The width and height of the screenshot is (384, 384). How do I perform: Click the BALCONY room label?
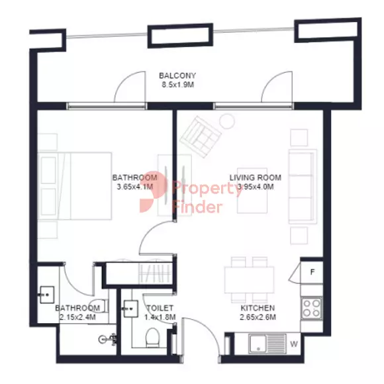click(177, 75)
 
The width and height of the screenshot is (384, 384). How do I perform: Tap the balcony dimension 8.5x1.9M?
click(178, 85)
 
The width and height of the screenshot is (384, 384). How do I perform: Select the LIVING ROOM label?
click(255, 177)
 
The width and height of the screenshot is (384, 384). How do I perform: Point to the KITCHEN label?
click(258, 308)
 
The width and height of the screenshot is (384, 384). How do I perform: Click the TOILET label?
click(160, 308)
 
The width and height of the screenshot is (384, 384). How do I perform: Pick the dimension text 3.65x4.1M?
click(135, 187)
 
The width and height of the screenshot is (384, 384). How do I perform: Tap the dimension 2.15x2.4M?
click(77, 317)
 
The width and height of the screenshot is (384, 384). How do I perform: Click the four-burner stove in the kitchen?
click(312, 308)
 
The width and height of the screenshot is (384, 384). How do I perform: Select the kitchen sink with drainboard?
click(267, 344)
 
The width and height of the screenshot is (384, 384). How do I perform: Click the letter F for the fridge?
click(312, 272)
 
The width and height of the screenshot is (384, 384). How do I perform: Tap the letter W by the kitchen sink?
click(294, 344)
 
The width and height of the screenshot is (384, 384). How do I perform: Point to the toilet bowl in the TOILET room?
click(152, 338)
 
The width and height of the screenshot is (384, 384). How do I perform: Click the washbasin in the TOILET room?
click(130, 309)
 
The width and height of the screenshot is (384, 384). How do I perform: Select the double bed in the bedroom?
click(75, 186)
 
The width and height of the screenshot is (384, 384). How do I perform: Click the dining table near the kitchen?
click(250, 279)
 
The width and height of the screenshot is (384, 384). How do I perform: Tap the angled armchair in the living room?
click(201, 137)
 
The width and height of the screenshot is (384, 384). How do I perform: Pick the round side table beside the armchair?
click(227, 121)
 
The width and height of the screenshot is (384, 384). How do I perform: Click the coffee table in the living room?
click(252, 191)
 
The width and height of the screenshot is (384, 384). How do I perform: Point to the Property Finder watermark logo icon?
click(154, 191)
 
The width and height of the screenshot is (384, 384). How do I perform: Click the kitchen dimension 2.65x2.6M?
click(258, 317)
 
